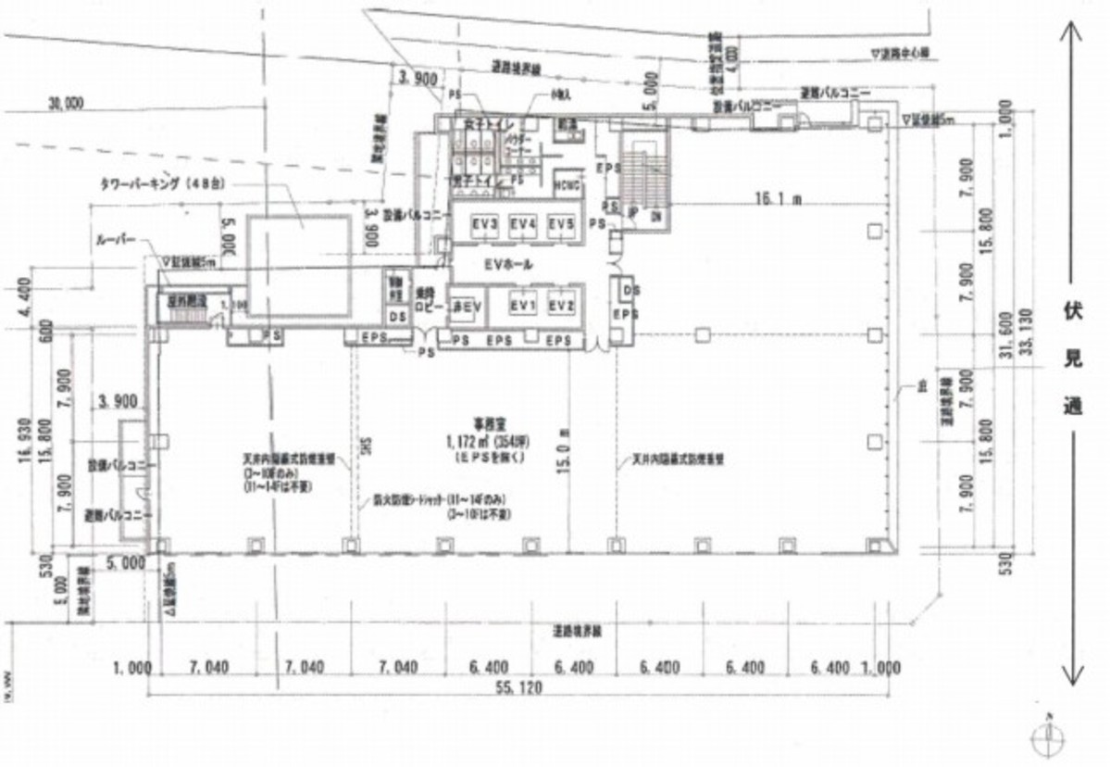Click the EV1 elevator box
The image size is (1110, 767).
click(523, 306)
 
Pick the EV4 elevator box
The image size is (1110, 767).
click(523, 224)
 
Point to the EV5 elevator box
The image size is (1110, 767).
click(561, 224)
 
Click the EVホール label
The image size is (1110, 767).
click(508, 265)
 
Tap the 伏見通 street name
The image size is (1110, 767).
click(1072, 357)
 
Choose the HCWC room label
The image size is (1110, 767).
click(567, 184)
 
